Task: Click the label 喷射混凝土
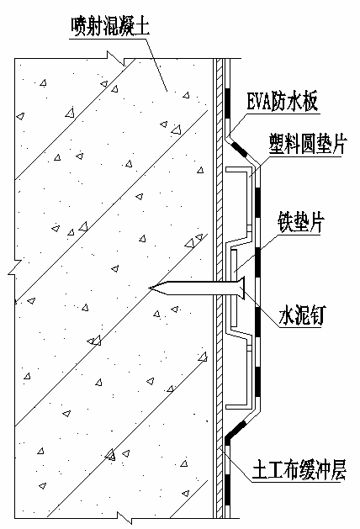(110, 26)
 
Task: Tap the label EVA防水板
(283, 101)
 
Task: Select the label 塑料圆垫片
(308, 144)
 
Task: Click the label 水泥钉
(301, 315)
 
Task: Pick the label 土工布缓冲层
(299, 469)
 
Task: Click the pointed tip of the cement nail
(150, 288)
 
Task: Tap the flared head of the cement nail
(241, 288)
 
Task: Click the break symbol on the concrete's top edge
(116, 58)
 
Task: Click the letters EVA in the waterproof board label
(259, 101)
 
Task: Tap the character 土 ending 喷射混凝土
(142, 26)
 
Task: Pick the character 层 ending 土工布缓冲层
(338, 469)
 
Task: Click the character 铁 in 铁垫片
(285, 222)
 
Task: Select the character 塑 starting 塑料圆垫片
(277, 144)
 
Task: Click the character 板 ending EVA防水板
(310, 101)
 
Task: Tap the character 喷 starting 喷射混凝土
(78, 26)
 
